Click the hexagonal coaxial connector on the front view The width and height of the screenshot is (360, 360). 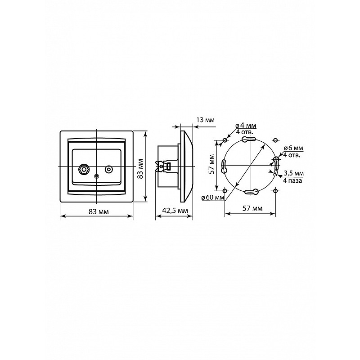pyautogui.click(x=84, y=170)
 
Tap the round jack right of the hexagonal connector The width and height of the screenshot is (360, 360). pyautogui.click(x=108, y=170)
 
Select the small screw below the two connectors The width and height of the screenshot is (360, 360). pyautogui.click(x=97, y=176)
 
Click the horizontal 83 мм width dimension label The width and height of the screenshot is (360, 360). pyautogui.click(x=99, y=212)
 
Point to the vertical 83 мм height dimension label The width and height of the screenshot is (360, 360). pyautogui.click(x=141, y=168)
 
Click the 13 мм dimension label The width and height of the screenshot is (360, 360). pyautogui.click(x=205, y=120)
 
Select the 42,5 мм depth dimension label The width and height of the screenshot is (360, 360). pyautogui.click(x=175, y=211)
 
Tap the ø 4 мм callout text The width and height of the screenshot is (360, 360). pyautogui.click(x=246, y=126)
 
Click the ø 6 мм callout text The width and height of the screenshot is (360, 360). pyautogui.click(x=293, y=148)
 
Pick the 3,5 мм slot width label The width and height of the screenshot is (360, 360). pyautogui.click(x=294, y=173)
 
